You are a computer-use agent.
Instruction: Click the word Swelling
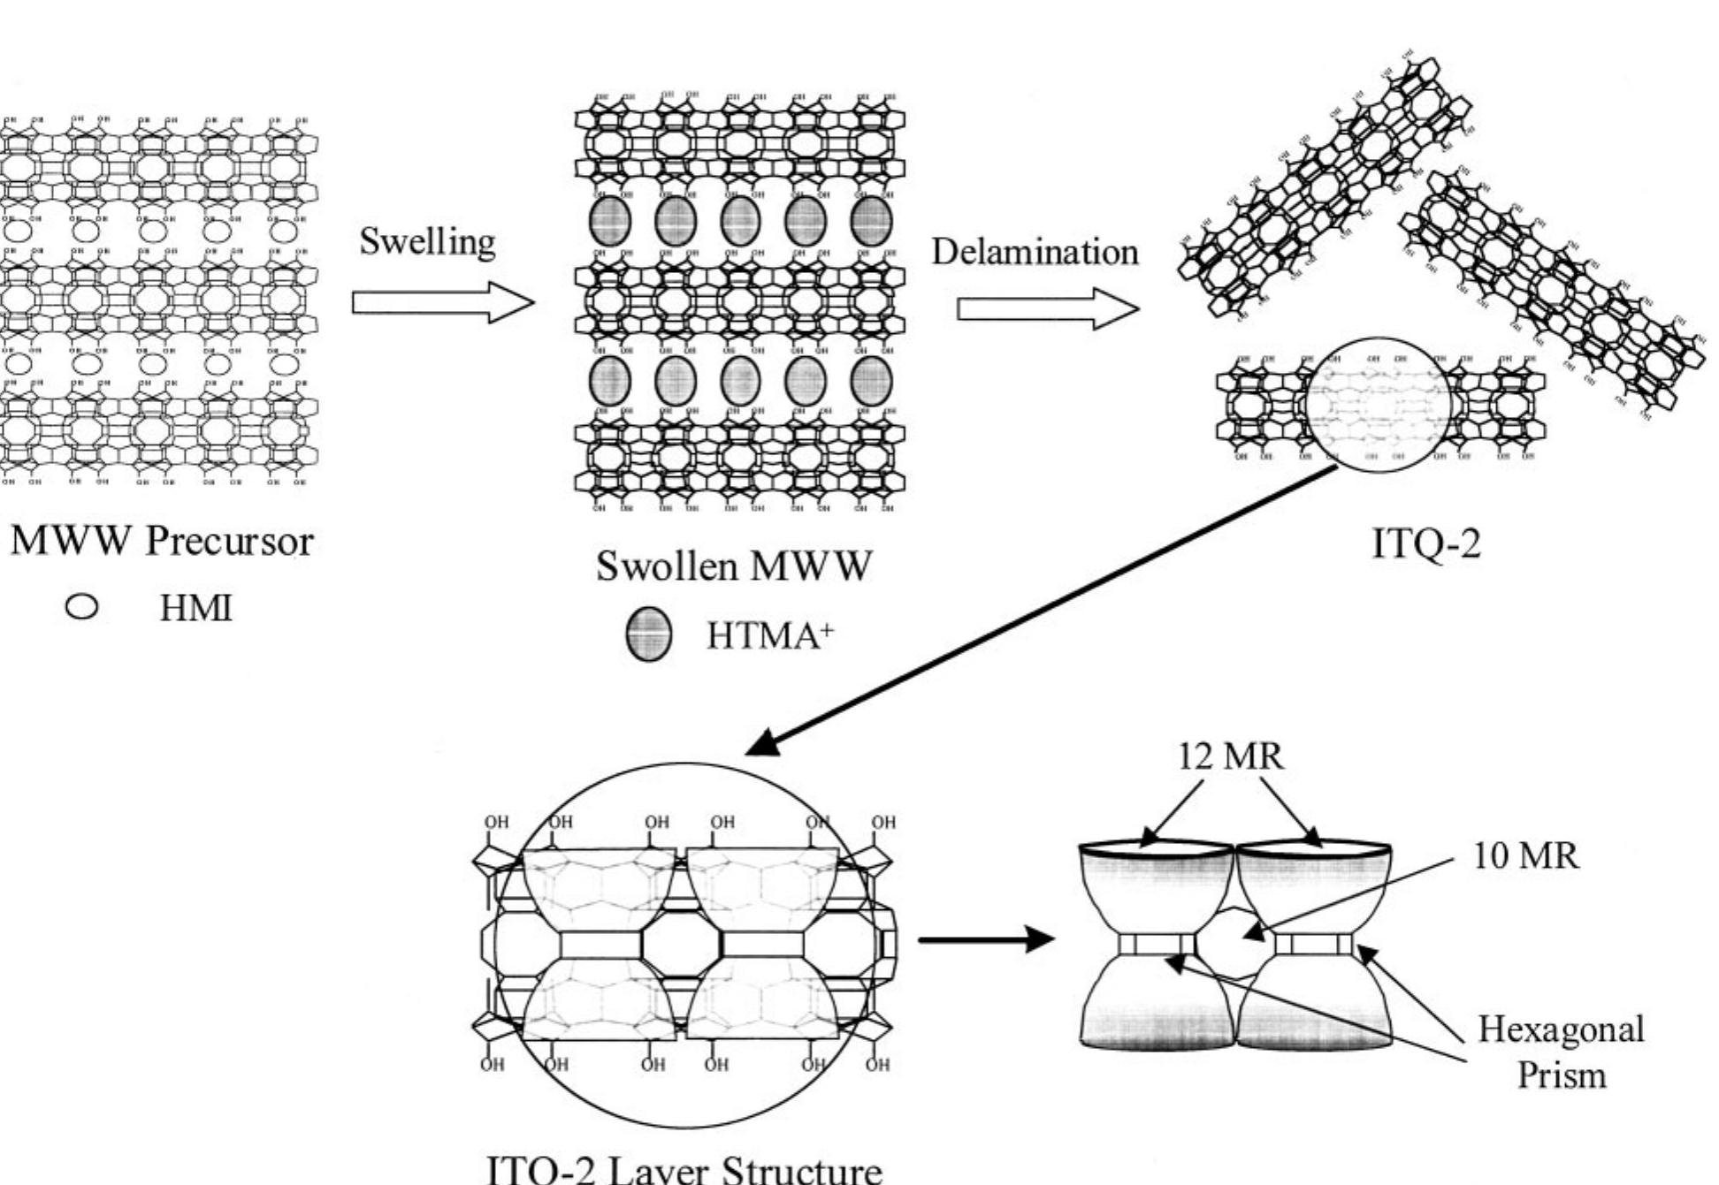coord(427,242)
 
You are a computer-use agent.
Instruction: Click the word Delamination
coord(1035,252)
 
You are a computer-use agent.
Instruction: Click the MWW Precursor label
coord(162,541)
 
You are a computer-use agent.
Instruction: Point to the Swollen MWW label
coord(733,566)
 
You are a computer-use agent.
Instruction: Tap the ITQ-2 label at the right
coord(1425,543)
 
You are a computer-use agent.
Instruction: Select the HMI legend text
coord(195,609)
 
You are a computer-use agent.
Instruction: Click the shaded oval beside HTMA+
coord(648,635)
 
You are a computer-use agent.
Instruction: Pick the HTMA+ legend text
coord(768,635)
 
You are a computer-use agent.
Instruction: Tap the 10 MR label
coord(1525,855)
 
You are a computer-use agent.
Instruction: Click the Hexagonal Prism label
coord(1561,1052)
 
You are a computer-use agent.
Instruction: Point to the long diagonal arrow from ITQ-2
coord(1043,610)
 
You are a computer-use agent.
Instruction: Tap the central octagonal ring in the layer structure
coord(681,944)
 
